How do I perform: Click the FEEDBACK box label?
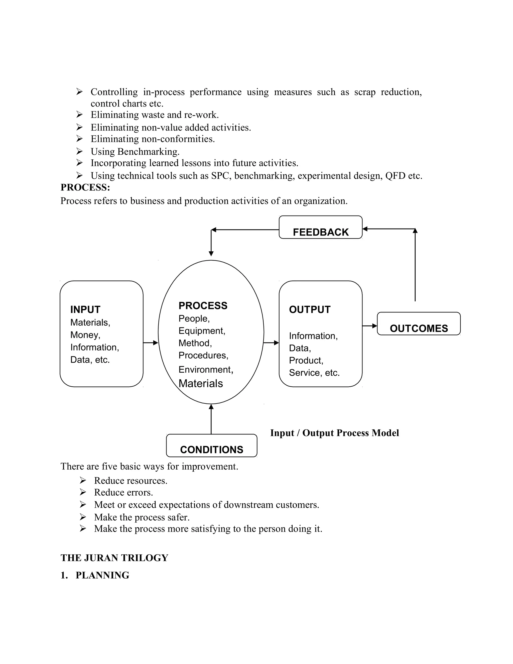(320, 232)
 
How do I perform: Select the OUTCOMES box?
(419, 324)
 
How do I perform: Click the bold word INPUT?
(85, 309)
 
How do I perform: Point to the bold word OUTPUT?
(309, 309)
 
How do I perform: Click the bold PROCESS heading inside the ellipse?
(203, 305)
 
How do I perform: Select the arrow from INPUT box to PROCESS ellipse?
(151, 343)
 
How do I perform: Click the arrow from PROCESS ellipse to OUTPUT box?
(271, 343)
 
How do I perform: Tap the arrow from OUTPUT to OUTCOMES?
(369, 326)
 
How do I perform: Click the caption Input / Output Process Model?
(334, 433)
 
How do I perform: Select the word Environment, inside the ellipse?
(206, 369)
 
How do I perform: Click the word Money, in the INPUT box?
(85, 335)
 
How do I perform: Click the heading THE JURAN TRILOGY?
(114, 558)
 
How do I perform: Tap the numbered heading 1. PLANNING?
(95, 575)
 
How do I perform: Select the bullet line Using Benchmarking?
(135, 151)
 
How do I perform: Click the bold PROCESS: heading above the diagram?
(85, 187)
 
